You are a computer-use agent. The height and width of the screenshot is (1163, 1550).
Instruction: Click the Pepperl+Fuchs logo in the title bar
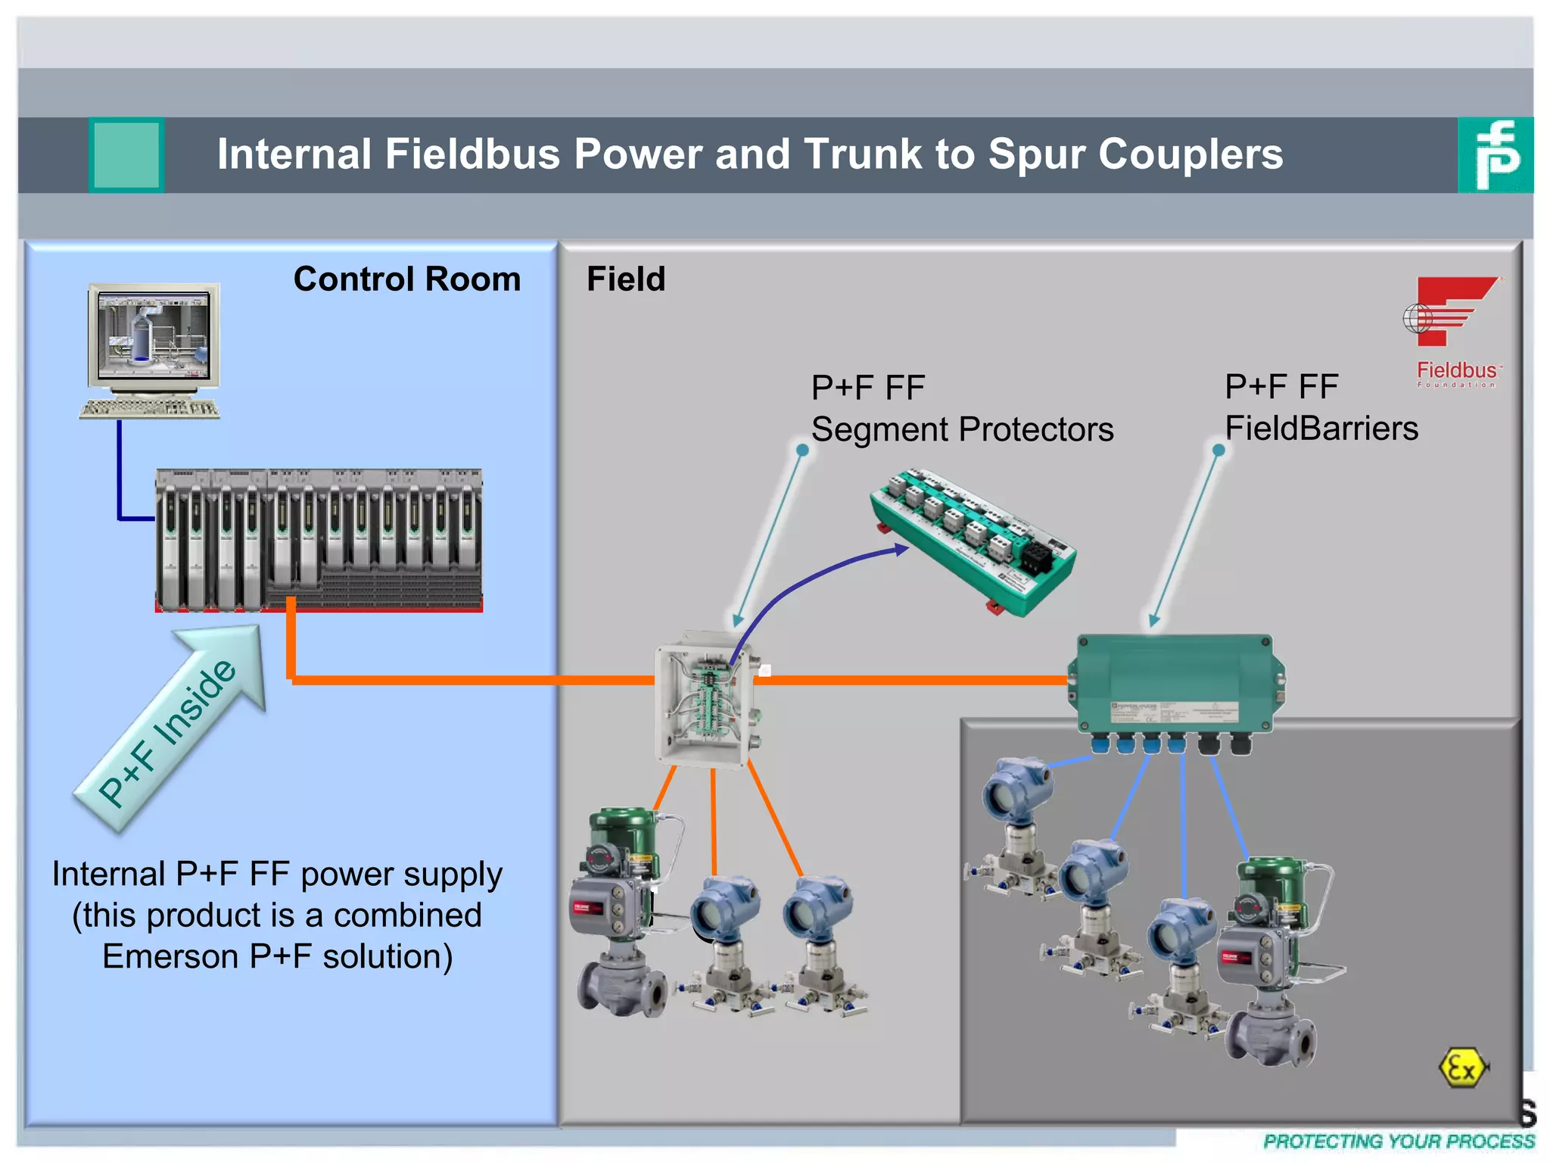[x=1495, y=154]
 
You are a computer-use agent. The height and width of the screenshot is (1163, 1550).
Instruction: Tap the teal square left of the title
[x=126, y=154]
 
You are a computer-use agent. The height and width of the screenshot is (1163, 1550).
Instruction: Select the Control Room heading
[x=407, y=279]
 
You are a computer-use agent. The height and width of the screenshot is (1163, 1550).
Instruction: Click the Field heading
[x=626, y=279]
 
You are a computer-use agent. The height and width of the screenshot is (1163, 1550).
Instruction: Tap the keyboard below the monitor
[x=150, y=409]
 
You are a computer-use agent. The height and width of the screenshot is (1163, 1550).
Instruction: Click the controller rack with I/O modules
[x=319, y=539]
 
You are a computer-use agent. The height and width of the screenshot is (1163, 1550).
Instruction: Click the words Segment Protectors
[x=962, y=430]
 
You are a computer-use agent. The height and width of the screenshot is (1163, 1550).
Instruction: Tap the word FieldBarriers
[x=1321, y=429]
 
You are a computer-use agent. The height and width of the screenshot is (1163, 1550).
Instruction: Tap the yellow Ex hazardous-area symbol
[x=1461, y=1068]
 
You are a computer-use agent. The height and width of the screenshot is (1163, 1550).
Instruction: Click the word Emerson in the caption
[x=170, y=956]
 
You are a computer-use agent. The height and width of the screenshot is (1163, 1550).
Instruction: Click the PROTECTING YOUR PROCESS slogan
[x=1399, y=1141]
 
